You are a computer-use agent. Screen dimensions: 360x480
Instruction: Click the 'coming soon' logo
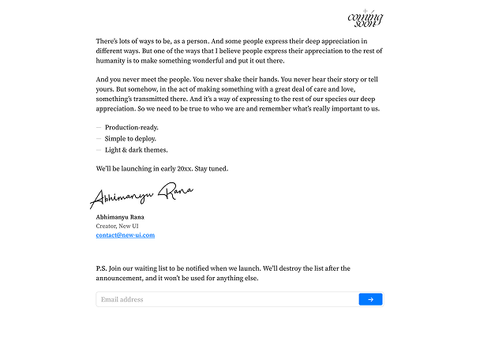(366, 18)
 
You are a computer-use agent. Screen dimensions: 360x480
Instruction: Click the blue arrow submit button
(370, 299)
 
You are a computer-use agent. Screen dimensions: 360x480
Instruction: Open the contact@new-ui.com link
(125, 235)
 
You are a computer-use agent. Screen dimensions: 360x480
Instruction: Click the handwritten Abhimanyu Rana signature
(141, 194)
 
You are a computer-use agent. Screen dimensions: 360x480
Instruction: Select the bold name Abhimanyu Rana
(120, 216)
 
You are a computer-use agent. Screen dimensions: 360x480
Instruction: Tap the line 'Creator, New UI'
(118, 226)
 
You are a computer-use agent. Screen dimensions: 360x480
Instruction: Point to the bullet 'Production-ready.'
(132, 127)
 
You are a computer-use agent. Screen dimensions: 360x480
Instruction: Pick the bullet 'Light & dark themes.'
(136, 150)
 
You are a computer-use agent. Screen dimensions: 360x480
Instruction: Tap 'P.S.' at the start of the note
(101, 268)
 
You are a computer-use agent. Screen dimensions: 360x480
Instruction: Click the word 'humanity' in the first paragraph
(111, 61)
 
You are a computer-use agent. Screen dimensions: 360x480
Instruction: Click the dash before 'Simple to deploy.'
(99, 138)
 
